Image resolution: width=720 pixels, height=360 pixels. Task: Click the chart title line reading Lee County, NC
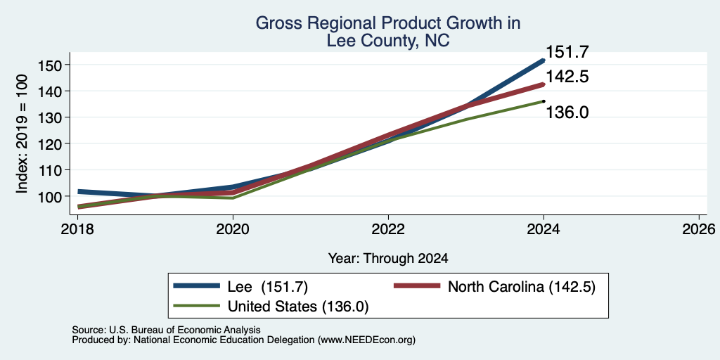click(388, 41)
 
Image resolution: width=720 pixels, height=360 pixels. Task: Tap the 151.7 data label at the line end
click(567, 52)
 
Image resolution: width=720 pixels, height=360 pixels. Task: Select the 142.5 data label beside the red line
click(567, 77)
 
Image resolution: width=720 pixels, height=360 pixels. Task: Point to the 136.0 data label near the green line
click(567, 112)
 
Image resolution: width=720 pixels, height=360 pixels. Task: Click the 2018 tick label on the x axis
click(77, 229)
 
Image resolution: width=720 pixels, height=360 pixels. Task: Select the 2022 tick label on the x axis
click(388, 229)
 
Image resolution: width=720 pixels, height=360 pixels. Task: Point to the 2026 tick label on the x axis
click(700, 229)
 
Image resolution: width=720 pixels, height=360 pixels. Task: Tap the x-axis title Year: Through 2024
click(388, 259)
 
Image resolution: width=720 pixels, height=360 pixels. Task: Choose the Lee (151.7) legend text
click(268, 287)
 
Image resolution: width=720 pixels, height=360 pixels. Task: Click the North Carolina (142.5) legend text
click(522, 287)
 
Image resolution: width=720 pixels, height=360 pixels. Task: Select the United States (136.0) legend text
click(298, 307)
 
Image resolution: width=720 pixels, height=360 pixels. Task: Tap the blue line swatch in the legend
click(196, 285)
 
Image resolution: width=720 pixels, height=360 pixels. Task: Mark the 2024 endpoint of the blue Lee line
click(544, 60)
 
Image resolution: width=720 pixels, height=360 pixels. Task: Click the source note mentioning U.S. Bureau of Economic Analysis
click(166, 330)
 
